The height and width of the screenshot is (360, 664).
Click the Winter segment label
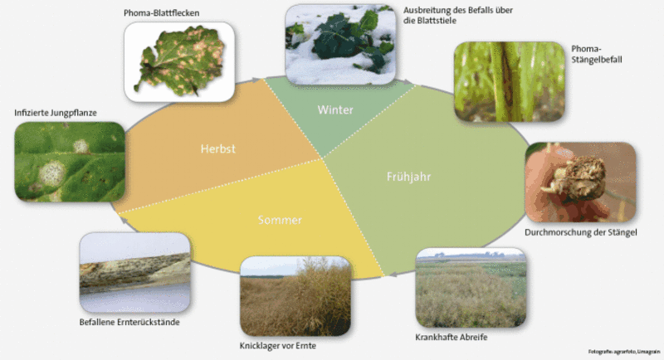(335, 110)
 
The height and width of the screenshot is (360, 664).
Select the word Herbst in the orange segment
(218, 149)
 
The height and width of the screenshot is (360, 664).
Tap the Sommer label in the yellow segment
(280, 220)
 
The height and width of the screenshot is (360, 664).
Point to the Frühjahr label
(408, 177)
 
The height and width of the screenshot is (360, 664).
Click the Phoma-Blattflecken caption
(161, 13)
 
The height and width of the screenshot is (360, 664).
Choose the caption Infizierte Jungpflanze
(56, 113)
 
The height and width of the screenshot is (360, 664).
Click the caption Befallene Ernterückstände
(129, 323)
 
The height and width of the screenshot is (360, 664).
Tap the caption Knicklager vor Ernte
(278, 346)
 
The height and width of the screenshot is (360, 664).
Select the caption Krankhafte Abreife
(452, 337)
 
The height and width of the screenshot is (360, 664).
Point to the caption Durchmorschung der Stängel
(580, 232)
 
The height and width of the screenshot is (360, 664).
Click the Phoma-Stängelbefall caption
(597, 54)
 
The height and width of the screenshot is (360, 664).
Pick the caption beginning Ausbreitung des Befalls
(458, 15)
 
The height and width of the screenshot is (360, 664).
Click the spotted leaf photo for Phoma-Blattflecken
(179, 61)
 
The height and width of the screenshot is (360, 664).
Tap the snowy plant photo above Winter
(340, 45)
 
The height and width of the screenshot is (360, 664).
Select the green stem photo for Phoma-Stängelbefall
(510, 81)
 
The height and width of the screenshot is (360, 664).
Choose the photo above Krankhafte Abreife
(471, 288)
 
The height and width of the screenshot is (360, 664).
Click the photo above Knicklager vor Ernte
(295, 296)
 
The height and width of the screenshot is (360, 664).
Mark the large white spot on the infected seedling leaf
(52, 173)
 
